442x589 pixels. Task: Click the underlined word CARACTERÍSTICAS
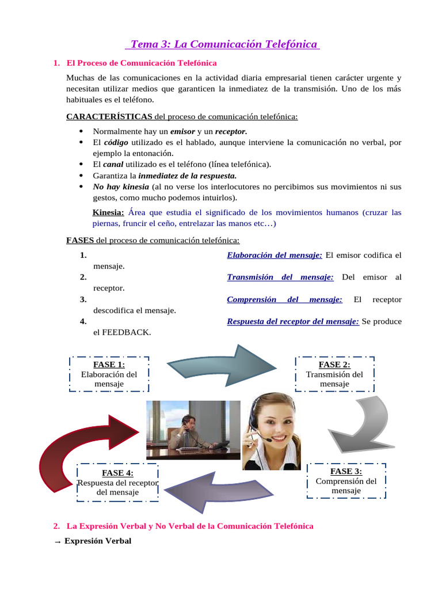click(x=109, y=116)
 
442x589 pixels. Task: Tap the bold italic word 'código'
click(x=116, y=142)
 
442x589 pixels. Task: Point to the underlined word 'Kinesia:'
click(x=108, y=213)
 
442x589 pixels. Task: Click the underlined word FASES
click(x=80, y=240)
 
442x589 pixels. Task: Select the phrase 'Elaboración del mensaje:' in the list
click(x=275, y=255)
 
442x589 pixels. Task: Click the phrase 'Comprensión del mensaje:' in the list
click(x=284, y=299)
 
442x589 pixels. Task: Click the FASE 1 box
click(x=109, y=374)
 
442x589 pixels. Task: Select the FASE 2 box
click(x=334, y=374)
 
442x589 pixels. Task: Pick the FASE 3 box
click(x=346, y=481)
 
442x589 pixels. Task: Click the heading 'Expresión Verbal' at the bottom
click(x=98, y=541)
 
